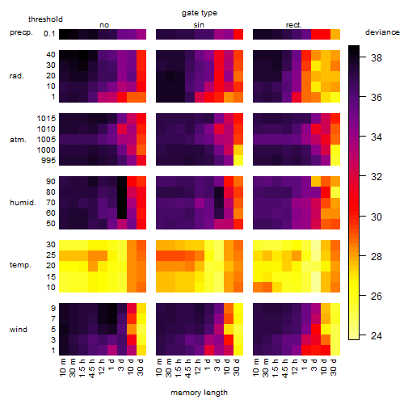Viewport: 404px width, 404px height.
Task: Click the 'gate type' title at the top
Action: click(200, 13)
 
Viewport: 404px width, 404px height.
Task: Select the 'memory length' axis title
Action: click(199, 393)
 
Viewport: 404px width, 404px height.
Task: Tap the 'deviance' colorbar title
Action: click(382, 32)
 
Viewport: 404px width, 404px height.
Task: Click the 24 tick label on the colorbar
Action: click(377, 335)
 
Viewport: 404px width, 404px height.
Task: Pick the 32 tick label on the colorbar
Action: click(377, 177)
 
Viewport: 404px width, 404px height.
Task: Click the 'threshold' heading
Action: click(45, 19)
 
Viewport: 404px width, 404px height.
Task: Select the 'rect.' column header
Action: click(293, 25)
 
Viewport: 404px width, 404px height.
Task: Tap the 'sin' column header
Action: click(199, 25)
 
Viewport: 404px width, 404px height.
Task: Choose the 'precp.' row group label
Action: click(21, 32)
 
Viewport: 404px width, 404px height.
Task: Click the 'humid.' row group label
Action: click(23, 203)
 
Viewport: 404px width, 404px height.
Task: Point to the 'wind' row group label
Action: click(19, 330)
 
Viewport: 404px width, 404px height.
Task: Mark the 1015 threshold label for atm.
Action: click(46, 118)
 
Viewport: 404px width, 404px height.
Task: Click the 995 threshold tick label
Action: click(48, 161)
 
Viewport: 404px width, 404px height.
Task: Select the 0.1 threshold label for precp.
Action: click(49, 34)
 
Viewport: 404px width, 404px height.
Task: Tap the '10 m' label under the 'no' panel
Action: click(62, 368)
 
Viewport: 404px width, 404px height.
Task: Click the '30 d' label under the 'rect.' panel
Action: click(334, 368)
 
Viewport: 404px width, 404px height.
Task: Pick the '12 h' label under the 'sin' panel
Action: click(198, 367)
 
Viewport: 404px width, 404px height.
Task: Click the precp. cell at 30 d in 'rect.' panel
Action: click(335, 34)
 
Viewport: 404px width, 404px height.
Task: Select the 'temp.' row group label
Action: click(20, 265)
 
